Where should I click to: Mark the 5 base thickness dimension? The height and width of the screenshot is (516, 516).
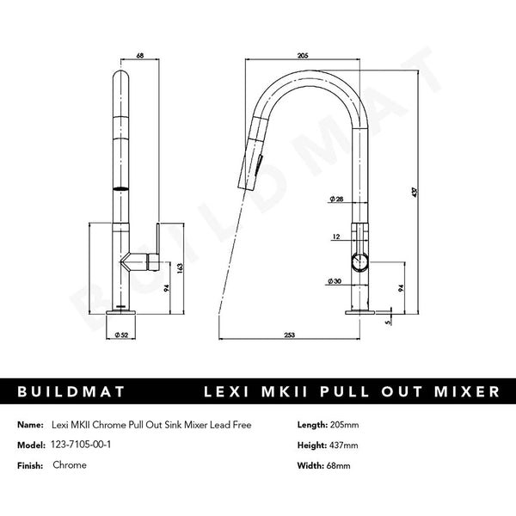click(389, 322)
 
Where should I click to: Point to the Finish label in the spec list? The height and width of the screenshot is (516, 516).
click(30, 464)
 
